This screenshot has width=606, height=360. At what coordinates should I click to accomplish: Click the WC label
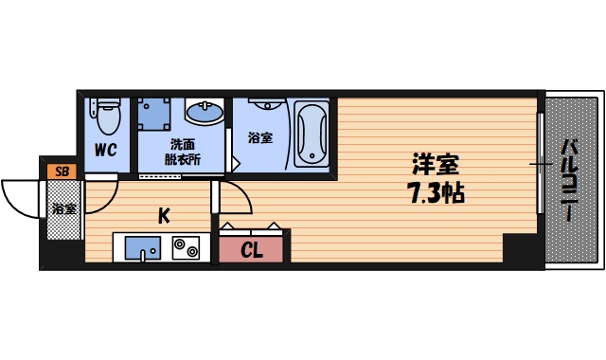point(105,149)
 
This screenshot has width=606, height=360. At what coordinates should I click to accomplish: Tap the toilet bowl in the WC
point(107,118)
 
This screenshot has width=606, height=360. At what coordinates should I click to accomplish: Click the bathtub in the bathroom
point(311,133)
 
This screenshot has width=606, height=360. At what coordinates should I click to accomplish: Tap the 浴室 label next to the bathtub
point(259,138)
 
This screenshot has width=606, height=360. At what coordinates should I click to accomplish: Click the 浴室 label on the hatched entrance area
point(63,208)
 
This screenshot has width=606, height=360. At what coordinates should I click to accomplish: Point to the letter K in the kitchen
point(163,216)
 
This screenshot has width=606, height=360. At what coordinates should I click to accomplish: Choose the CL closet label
point(252,251)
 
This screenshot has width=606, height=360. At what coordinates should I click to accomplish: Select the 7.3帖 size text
point(437,194)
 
